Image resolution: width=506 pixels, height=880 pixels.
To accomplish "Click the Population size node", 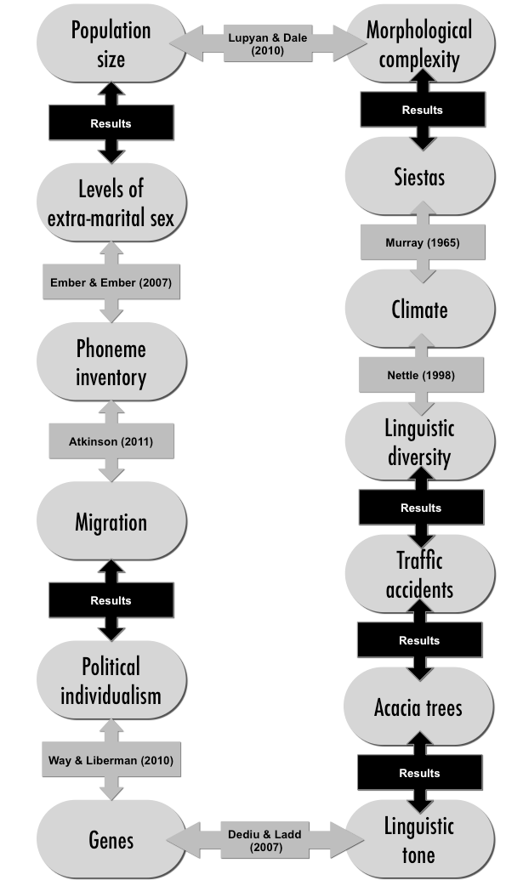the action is [111, 43].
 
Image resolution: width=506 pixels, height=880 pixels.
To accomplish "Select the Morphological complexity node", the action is [420, 43].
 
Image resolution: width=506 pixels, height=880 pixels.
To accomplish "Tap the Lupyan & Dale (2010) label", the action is [268, 43].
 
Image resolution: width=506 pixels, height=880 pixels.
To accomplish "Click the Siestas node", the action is [420, 176].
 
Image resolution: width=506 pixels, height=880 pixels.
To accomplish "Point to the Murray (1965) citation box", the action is [423, 242].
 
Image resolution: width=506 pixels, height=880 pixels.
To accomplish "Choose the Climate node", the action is [420, 309].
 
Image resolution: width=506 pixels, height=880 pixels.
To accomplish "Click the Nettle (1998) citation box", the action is [421, 375].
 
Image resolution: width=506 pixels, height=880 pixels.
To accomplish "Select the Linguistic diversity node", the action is [420, 441].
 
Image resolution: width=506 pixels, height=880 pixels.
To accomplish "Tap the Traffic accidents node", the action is [420, 574].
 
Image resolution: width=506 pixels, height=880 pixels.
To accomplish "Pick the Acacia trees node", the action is [419, 707].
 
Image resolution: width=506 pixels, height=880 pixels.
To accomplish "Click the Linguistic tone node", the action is [420, 839].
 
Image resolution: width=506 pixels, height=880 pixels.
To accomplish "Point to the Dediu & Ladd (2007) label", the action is [265, 840].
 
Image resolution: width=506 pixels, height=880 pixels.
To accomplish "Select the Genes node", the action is [111, 839].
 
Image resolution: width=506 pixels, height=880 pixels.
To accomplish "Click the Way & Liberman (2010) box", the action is [111, 760].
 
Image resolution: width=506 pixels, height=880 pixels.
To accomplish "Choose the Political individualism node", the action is [111, 680].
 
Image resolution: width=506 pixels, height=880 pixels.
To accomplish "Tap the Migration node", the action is [111, 521].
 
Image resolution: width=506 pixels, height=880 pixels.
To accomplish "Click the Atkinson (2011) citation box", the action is [111, 441].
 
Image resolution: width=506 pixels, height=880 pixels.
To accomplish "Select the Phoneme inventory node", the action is [111, 362].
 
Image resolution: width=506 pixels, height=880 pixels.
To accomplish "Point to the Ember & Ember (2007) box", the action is [111, 281].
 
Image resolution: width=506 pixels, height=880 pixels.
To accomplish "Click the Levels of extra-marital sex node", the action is [111, 202].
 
